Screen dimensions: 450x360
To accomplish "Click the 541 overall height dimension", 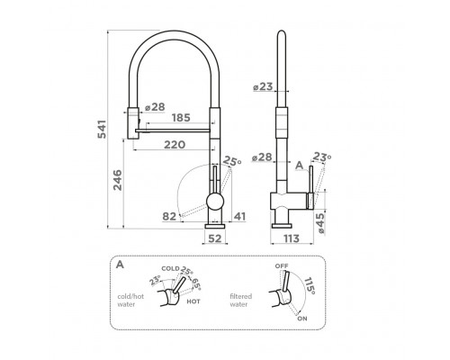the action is click(103, 130).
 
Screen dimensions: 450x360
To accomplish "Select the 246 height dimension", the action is click(118, 180).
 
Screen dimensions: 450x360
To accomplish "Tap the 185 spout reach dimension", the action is click(181, 118).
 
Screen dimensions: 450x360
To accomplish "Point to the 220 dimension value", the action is click(175, 145).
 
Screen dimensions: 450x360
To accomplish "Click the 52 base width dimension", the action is click(215, 238).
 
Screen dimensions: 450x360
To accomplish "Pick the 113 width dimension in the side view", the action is click(292, 238).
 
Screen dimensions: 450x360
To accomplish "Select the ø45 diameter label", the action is click(320, 223).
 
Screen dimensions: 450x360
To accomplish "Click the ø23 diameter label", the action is click(263, 86).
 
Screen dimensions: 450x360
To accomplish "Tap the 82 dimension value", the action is click(169, 216).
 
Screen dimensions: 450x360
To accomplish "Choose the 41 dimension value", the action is click(239, 216).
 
